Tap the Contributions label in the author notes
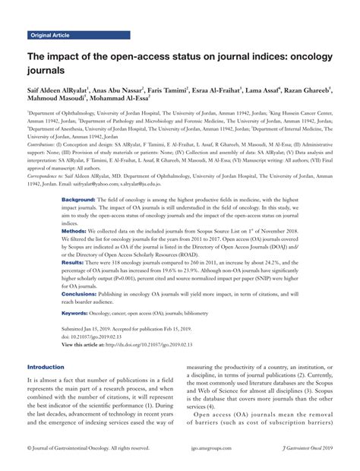45,143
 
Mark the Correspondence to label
49,175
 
